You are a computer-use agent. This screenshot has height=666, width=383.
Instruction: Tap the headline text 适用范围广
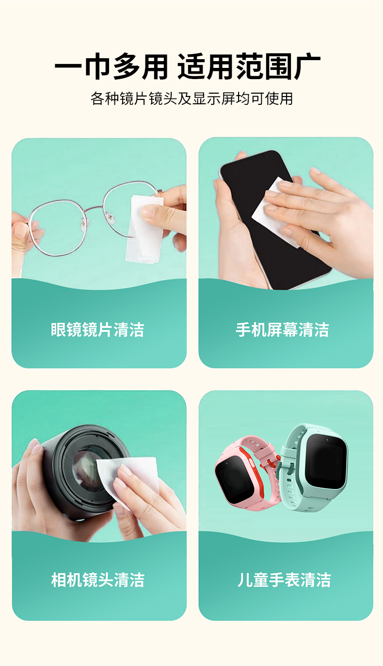pyautogui.click(x=249, y=66)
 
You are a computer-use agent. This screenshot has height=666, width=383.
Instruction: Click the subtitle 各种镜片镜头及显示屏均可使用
pyautogui.click(x=191, y=98)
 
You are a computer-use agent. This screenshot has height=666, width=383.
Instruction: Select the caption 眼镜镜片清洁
pyautogui.click(x=97, y=329)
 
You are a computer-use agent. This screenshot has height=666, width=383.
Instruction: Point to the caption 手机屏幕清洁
pyautogui.click(x=283, y=329)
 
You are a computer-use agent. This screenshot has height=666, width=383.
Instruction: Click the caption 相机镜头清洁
pyautogui.click(x=98, y=580)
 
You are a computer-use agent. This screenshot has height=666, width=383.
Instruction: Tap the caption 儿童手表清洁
pyautogui.click(x=284, y=580)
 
